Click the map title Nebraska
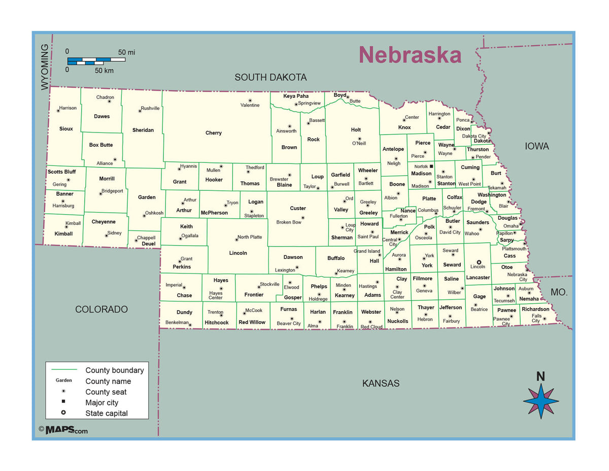[410, 55]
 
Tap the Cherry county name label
[213, 133]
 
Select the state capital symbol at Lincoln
[478, 262]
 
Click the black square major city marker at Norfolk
[431, 166]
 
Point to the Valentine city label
[250, 105]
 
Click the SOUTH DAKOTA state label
[270, 78]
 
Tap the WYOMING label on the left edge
[45, 67]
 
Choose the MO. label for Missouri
[559, 293]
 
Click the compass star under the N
[541, 401]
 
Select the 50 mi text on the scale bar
[127, 52]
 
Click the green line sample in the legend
[64, 370]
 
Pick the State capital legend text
[107, 413]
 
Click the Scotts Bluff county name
[62, 172]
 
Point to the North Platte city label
[250, 237]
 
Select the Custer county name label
[298, 208]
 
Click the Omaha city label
[511, 226]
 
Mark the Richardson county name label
[535, 309]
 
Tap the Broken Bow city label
[289, 222]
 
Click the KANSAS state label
[381, 384]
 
